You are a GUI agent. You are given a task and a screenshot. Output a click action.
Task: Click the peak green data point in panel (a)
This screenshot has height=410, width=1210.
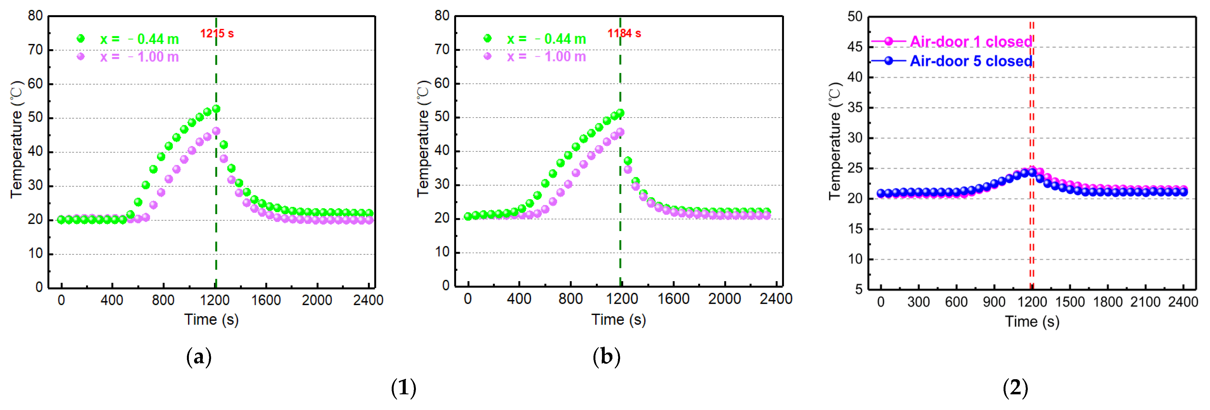tap(216, 109)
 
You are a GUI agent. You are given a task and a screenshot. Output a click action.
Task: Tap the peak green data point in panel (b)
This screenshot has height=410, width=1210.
tap(620, 113)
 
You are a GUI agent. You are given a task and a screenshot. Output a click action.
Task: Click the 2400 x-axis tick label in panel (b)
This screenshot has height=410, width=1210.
tap(775, 299)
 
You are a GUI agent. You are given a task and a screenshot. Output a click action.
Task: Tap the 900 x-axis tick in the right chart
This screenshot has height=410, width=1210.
tap(994, 302)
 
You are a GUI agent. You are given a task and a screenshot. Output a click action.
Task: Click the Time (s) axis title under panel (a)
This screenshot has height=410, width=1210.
tap(211, 320)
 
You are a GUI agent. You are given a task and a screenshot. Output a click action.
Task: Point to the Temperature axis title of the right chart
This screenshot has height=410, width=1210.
tap(835, 141)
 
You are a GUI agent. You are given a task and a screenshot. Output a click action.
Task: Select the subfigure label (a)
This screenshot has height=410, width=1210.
tap(199, 357)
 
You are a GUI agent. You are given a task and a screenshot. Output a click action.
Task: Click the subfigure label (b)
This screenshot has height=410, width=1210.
tap(606, 357)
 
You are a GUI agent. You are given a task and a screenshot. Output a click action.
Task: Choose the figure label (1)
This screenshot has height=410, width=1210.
tap(404, 388)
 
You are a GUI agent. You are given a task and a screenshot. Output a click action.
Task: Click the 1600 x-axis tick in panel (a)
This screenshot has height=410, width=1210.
tap(266, 300)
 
